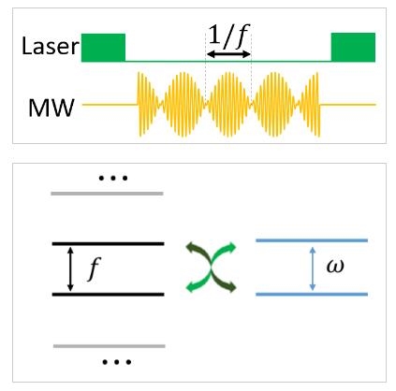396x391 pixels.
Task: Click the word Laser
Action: pyautogui.click(x=50, y=46)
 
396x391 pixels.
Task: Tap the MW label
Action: pyautogui.click(x=51, y=108)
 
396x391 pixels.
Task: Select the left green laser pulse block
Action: pyautogui.click(x=103, y=48)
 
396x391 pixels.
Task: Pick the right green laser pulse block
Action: pyautogui.click(x=353, y=47)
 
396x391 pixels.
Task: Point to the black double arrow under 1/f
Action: pyautogui.click(x=228, y=54)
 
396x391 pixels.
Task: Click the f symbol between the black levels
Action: pyautogui.click(x=94, y=268)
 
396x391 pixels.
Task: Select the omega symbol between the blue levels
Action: pyautogui.click(x=335, y=267)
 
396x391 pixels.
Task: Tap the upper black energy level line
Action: pyautogui.click(x=108, y=243)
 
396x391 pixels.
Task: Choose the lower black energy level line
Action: pyautogui.click(x=108, y=295)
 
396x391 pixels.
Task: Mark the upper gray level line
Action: pyautogui.click(x=107, y=194)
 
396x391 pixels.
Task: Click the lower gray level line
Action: pyautogui.click(x=110, y=346)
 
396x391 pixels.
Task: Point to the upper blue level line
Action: pyautogui.click(x=312, y=240)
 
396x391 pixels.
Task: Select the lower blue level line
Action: pyautogui.click(x=312, y=294)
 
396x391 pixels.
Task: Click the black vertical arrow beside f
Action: pyautogui.click(x=70, y=269)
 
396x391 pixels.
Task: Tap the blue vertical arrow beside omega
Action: pyautogui.click(x=313, y=268)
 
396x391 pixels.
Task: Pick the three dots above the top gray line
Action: pyautogui.click(x=113, y=179)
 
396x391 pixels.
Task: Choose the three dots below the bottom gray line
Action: pyautogui.click(x=117, y=362)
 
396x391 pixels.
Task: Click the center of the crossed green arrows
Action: pyautogui.click(x=212, y=268)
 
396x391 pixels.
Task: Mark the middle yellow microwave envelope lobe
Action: pyautogui.click(x=228, y=105)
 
